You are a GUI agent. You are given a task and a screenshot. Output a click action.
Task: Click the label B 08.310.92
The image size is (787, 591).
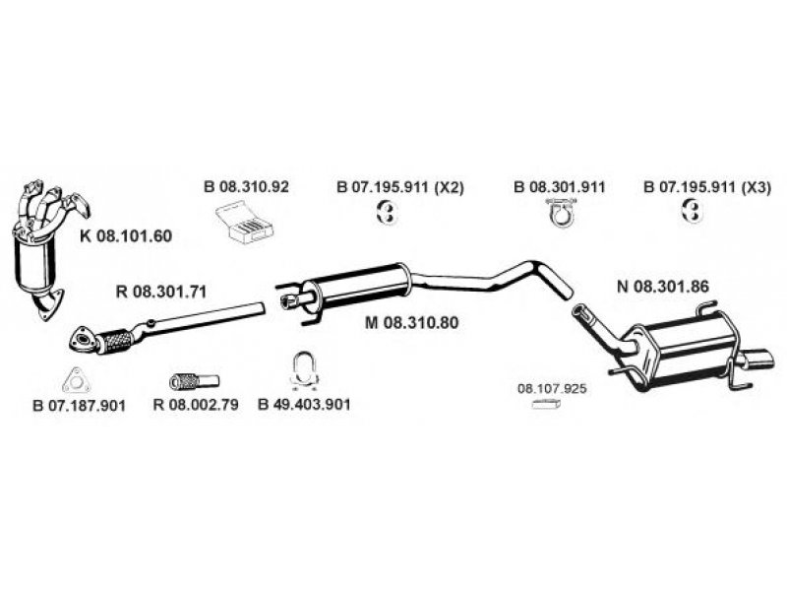(246, 187)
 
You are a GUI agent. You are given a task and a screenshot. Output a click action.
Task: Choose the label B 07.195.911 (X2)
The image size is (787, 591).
(400, 187)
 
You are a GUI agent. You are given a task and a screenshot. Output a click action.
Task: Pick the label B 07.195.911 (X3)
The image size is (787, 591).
(706, 187)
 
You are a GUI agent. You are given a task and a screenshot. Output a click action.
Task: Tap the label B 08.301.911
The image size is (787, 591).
(560, 187)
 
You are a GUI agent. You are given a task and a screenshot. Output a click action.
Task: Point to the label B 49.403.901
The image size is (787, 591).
(304, 404)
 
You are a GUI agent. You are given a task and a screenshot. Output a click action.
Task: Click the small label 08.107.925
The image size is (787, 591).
(552, 389)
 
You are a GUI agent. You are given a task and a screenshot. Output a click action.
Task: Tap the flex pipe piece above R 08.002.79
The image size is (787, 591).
(194, 380)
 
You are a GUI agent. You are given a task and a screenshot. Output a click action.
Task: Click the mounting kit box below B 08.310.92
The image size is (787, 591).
(246, 221)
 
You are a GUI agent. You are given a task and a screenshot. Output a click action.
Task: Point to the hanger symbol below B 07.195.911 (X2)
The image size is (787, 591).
(388, 212)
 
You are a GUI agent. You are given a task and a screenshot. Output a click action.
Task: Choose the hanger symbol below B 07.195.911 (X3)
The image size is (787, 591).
(693, 212)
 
